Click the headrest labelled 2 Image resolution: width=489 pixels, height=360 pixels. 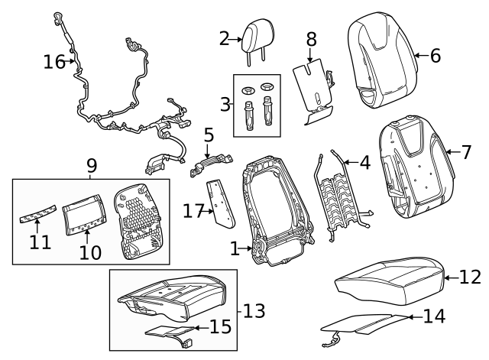(x=258, y=37)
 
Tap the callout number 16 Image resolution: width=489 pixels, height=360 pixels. (x=54, y=61)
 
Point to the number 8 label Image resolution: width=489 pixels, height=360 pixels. (x=311, y=39)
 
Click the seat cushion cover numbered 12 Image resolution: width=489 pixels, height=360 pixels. (x=390, y=281)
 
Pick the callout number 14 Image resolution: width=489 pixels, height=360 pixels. (x=434, y=316)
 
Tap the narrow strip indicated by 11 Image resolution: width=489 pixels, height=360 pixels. (x=38, y=214)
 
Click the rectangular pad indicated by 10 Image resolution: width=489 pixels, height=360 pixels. (x=84, y=215)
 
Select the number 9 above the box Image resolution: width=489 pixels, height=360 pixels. (x=92, y=166)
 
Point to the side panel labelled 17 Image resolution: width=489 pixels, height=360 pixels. (x=220, y=204)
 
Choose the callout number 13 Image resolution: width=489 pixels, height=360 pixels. (x=254, y=311)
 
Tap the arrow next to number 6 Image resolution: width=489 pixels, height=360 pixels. (x=422, y=56)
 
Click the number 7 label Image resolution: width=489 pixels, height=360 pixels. (x=465, y=152)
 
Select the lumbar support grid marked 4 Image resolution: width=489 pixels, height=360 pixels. (x=342, y=195)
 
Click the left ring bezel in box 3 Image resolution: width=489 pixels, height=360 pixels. (x=248, y=91)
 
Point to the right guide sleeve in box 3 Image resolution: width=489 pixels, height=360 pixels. (x=267, y=111)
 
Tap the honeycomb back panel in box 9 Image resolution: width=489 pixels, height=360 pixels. (x=138, y=221)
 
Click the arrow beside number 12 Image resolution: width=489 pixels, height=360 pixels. (x=452, y=277)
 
